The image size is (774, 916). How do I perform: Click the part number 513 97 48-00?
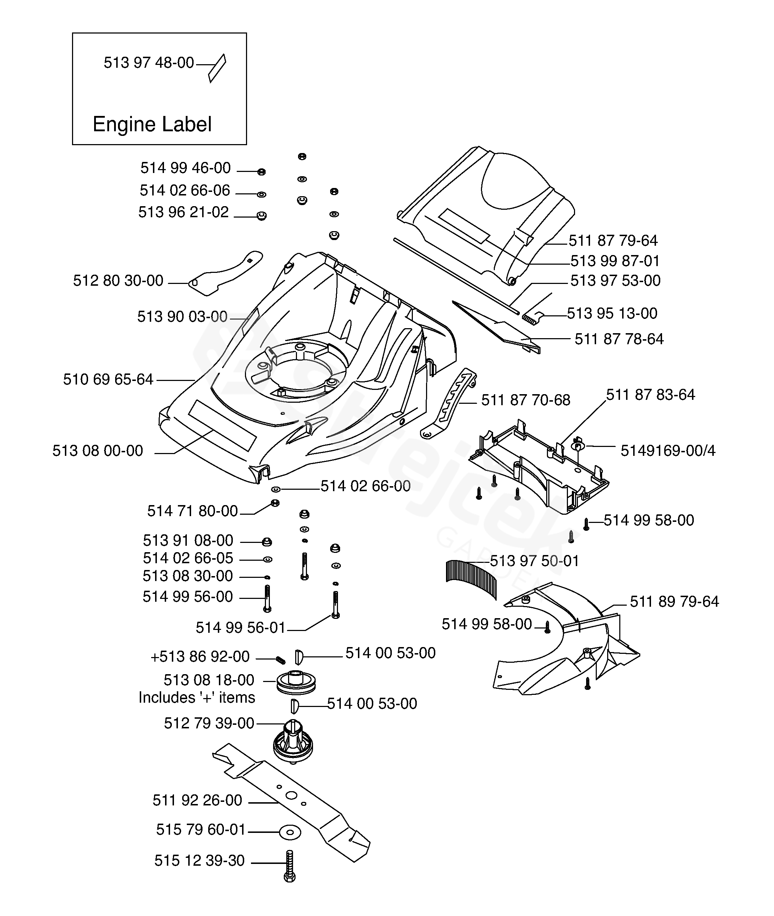(149, 63)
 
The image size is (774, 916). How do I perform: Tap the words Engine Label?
(152, 124)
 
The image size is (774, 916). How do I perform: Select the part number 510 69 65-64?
(108, 379)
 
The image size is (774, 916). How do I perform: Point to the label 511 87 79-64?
(613, 240)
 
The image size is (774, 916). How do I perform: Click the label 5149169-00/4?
(668, 450)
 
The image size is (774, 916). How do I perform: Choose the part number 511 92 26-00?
(197, 800)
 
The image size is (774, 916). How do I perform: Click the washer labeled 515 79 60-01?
(290, 832)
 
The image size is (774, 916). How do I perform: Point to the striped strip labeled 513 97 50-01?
(471, 579)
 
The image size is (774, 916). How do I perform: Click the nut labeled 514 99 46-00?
(261, 172)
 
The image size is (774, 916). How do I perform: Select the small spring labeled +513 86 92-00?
(280, 659)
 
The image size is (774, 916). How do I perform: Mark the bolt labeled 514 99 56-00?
(267, 599)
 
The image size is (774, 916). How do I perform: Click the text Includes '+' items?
(197, 697)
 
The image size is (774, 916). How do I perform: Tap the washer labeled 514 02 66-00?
(276, 489)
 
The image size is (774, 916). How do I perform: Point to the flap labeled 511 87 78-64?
(496, 327)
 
